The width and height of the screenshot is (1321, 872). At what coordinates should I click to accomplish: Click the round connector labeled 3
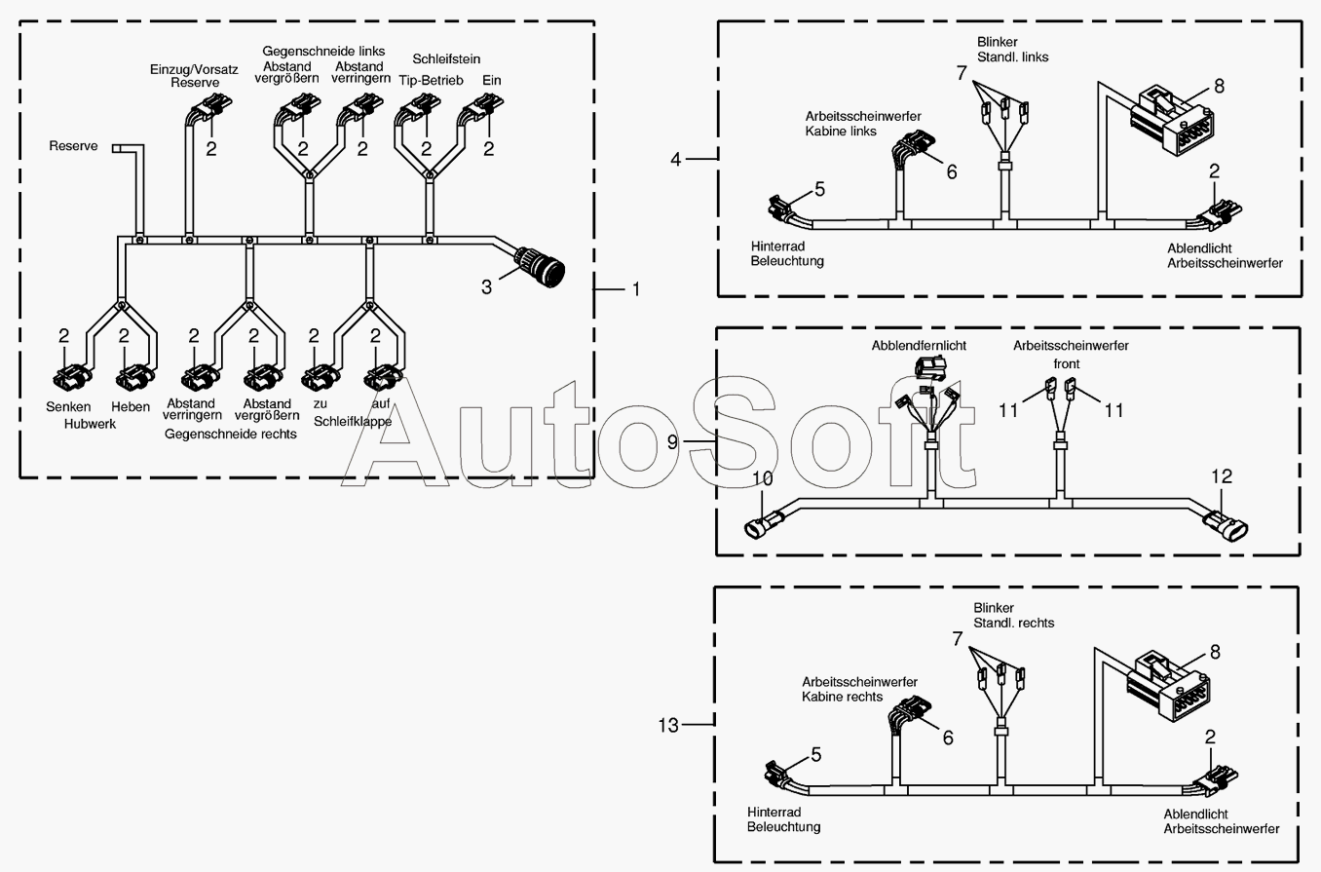tap(539, 266)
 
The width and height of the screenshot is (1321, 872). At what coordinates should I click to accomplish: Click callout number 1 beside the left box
tap(636, 289)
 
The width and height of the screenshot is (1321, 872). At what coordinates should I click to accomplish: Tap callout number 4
tap(676, 158)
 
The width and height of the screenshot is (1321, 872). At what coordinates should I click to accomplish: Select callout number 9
tap(672, 442)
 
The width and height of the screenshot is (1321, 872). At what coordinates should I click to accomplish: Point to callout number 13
tap(667, 725)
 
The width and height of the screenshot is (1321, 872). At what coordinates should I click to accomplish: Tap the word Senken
tap(68, 406)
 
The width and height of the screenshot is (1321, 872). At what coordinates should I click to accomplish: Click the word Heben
tap(131, 406)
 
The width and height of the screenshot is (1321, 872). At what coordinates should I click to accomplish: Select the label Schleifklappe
tap(353, 422)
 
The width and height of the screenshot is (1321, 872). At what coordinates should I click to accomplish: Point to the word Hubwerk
tap(90, 424)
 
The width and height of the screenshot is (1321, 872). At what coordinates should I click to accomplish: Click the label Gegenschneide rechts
tap(231, 434)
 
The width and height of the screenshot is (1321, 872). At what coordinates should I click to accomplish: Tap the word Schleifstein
tap(446, 59)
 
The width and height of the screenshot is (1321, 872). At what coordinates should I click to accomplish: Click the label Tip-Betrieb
tap(431, 80)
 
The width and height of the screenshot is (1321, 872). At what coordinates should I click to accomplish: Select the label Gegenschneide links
tap(323, 51)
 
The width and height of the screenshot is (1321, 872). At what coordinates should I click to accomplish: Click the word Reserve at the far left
tap(74, 146)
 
